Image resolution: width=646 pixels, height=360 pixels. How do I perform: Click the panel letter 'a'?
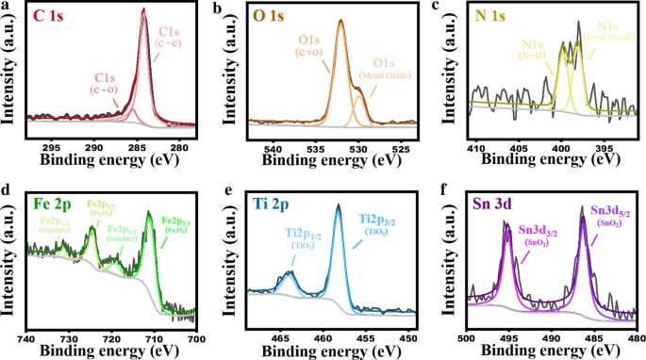pyautogui.click(x=6, y=7)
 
